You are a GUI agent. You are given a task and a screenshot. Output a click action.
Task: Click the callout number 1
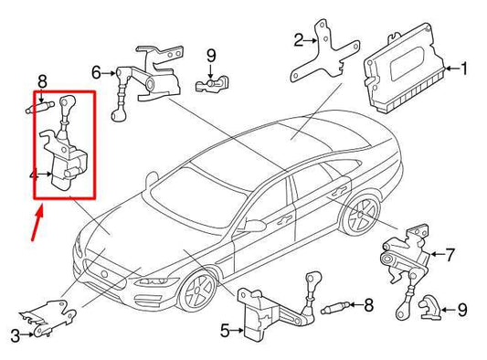pos(464,69)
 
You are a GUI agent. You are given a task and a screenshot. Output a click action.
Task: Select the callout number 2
pos(299,39)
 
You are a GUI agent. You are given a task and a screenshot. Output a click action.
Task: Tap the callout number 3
pos(13,334)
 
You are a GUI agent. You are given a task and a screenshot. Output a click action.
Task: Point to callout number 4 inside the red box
pos(33,174)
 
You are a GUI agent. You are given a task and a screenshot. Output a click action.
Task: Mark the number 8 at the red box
pos(42,82)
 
